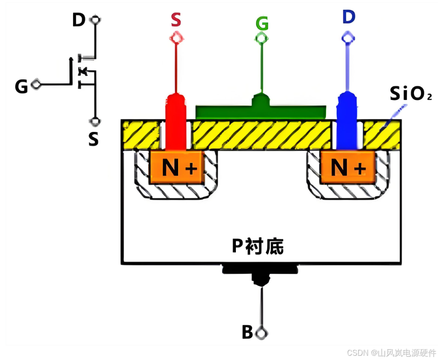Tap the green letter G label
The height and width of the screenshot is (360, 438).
(x=262, y=23)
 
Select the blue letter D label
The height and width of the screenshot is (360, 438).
(x=348, y=16)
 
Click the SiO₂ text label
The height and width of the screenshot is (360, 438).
(x=411, y=93)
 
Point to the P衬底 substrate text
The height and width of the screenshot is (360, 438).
(x=257, y=246)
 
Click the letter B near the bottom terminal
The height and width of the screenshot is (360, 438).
(x=247, y=332)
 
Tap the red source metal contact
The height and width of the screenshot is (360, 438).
(x=176, y=122)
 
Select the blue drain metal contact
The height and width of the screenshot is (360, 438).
(x=347, y=121)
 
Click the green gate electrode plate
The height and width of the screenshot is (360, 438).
(x=261, y=109)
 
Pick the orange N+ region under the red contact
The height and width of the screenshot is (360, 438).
(x=176, y=167)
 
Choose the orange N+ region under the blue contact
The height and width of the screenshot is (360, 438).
(x=347, y=167)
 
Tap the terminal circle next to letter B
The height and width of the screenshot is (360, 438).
(x=262, y=333)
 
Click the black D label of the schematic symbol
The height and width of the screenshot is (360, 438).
(x=78, y=20)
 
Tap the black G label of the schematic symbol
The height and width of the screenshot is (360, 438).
(x=21, y=86)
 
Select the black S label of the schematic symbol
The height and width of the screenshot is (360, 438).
(x=94, y=139)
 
